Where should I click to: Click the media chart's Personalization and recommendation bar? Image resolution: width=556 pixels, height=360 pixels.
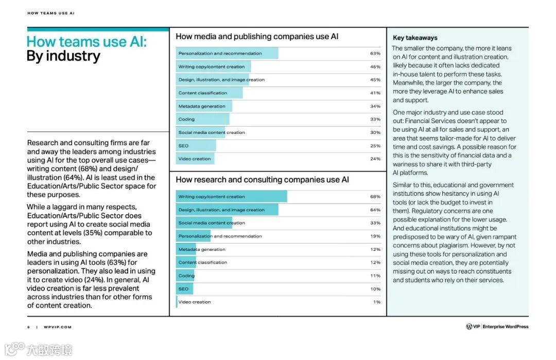(227, 54)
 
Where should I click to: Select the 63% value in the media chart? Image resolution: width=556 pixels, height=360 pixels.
(375, 54)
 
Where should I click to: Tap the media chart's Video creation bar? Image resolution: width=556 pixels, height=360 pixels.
(195, 159)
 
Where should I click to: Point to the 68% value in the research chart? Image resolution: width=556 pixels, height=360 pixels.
(375, 197)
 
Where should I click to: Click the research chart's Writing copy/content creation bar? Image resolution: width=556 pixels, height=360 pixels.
(232, 197)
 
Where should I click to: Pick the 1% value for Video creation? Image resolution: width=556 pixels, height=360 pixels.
(376, 302)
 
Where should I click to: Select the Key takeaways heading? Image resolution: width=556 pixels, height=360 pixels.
(415, 38)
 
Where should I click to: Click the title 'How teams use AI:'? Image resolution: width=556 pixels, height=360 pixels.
(86, 42)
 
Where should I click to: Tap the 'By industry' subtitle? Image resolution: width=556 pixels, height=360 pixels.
(63, 56)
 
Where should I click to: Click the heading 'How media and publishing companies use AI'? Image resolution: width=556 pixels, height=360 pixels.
(257, 37)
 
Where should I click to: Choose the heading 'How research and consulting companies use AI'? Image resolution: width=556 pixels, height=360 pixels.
(262, 180)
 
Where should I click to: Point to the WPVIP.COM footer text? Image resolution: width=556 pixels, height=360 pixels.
(58, 327)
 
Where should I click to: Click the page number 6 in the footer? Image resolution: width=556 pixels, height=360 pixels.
(29, 327)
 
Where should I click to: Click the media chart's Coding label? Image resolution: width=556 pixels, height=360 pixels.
(186, 119)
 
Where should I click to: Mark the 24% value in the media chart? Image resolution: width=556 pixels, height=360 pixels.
(375, 159)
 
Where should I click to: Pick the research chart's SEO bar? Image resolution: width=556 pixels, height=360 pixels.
(184, 289)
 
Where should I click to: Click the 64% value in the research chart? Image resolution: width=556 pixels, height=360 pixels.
(375, 210)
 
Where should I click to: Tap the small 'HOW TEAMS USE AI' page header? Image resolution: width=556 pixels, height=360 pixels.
(51, 13)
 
